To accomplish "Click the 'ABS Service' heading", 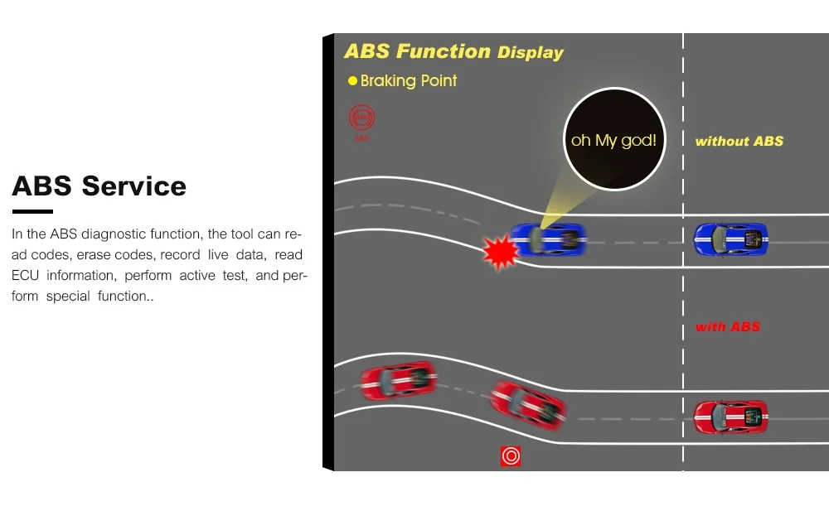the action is [x=99, y=186].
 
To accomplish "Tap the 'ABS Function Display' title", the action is [x=453, y=51].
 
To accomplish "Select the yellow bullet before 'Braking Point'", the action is [x=352, y=81].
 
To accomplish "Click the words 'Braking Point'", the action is [x=409, y=81].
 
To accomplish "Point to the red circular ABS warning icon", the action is [x=361, y=118].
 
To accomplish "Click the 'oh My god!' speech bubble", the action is [x=613, y=140].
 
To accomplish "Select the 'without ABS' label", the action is [x=739, y=142].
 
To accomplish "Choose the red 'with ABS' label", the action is [x=727, y=327].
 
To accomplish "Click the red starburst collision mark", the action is [x=500, y=252].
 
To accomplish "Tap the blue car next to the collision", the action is [x=549, y=239].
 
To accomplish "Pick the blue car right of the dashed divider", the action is [x=730, y=239].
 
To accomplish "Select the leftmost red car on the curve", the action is [x=398, y=380].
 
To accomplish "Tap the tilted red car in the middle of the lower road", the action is [x=528, y=403].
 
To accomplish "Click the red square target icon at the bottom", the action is [x=511, y=456].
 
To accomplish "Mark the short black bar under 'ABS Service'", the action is [x=32, y=212].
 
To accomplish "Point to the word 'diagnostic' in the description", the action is [x=113, y=234].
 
